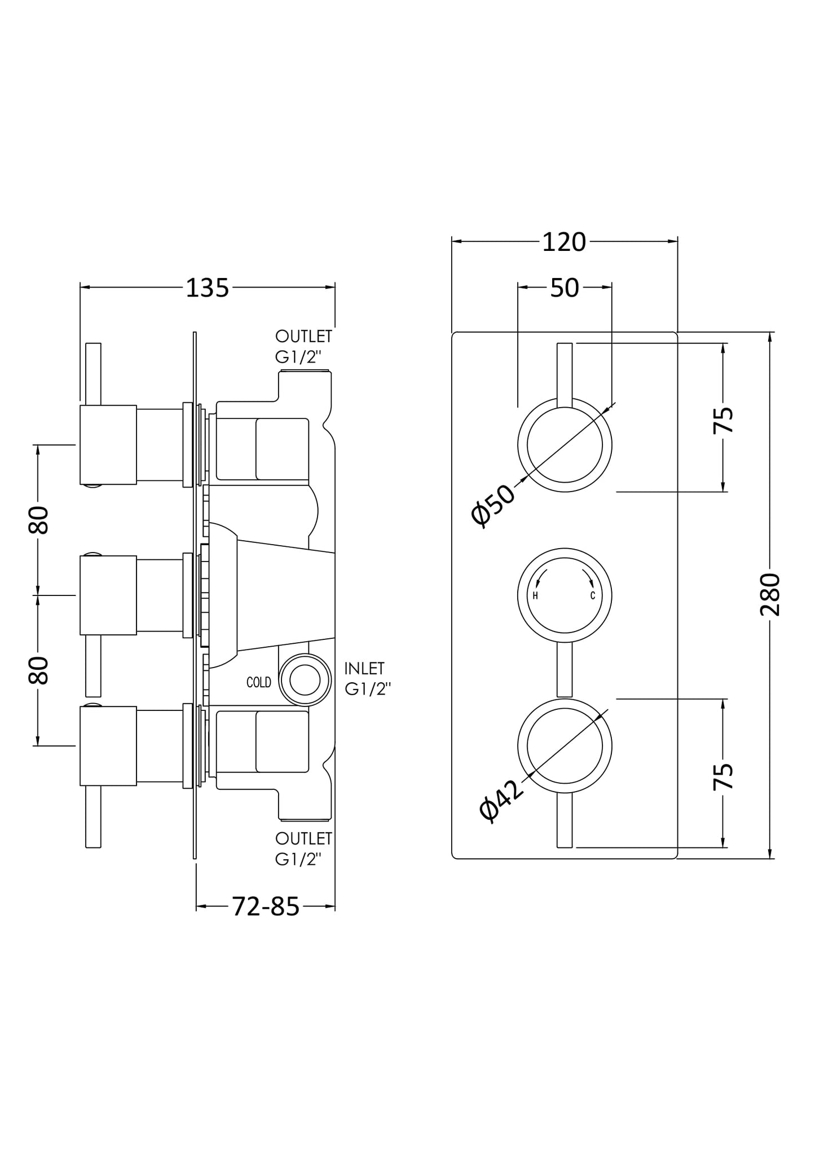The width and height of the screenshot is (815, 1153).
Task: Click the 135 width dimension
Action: (208, 288)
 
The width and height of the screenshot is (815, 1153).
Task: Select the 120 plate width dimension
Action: (564, 242)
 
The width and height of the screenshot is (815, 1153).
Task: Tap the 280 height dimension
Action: (770, 594)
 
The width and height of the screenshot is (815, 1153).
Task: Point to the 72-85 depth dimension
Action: (266, 907)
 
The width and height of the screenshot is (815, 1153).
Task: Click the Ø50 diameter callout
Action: (493, 505)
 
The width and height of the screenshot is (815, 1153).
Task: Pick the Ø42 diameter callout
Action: (501, 800)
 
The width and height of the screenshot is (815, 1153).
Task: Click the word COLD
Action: (259, 682)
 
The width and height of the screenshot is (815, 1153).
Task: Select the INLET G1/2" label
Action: (367, 679)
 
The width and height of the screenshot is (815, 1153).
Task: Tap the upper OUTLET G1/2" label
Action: (303, 346)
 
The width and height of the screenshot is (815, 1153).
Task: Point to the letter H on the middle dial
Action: (535, 596)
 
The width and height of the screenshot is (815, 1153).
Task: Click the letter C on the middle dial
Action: (593, 596)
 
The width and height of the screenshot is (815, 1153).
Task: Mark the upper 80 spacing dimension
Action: (39, 520)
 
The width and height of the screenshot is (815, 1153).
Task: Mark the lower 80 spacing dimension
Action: (39, 670)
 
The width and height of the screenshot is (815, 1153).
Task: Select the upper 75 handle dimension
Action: (724, 420)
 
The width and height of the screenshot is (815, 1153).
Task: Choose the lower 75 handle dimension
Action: (724, 776)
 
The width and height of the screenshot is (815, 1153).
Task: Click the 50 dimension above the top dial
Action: (565, 288)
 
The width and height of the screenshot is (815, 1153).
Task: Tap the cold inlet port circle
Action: (305, 680)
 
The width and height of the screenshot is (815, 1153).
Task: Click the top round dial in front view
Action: (565, 445)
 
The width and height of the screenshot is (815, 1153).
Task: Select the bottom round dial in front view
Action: (565, 746)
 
